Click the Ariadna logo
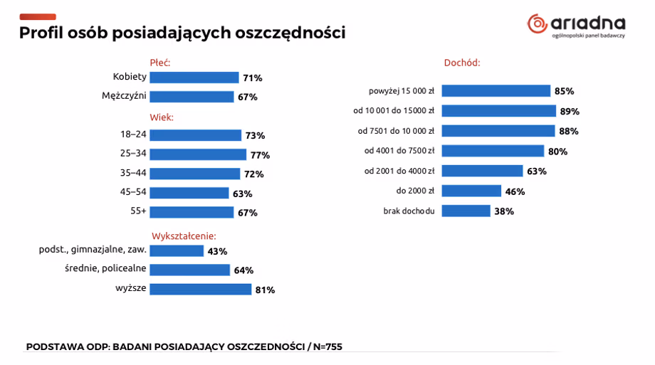pos(576,26)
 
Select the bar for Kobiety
pos(194,78)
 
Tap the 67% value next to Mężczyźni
pos(248,97)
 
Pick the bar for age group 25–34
pos(197,154)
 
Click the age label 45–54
pos(133,192)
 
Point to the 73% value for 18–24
pos(255,135)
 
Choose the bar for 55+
pos(192,212)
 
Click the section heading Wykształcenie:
pos(184,236)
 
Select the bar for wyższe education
pos(200,289)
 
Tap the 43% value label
pos(217,251)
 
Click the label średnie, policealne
pos(105,268)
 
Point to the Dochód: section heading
pos(462,63)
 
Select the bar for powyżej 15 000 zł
pos(496,91)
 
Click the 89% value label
pos(570,111)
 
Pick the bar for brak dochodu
pos(466,211)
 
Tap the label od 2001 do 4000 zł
pos(399,171)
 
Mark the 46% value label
pos(515,191)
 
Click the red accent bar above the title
pos(38,16)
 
